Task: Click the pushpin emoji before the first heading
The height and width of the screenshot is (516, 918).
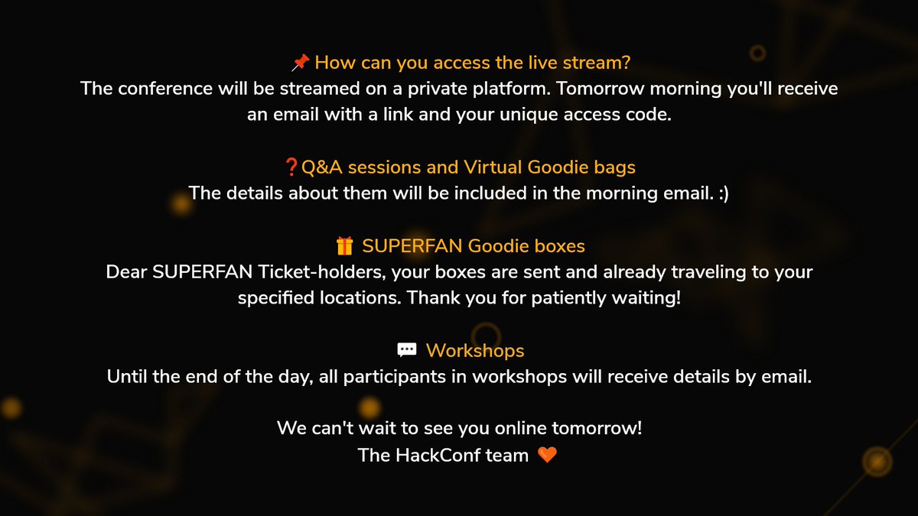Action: [300, 62]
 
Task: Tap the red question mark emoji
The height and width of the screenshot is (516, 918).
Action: [290, 167]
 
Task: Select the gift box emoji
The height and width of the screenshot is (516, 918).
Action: [344, 246]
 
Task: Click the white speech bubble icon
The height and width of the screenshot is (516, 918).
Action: [406, 350]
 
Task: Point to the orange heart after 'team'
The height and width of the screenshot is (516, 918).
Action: [547, 455]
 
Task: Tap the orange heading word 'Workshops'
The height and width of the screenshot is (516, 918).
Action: [474, 350]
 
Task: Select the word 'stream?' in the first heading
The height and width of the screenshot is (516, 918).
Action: [599, 62]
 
